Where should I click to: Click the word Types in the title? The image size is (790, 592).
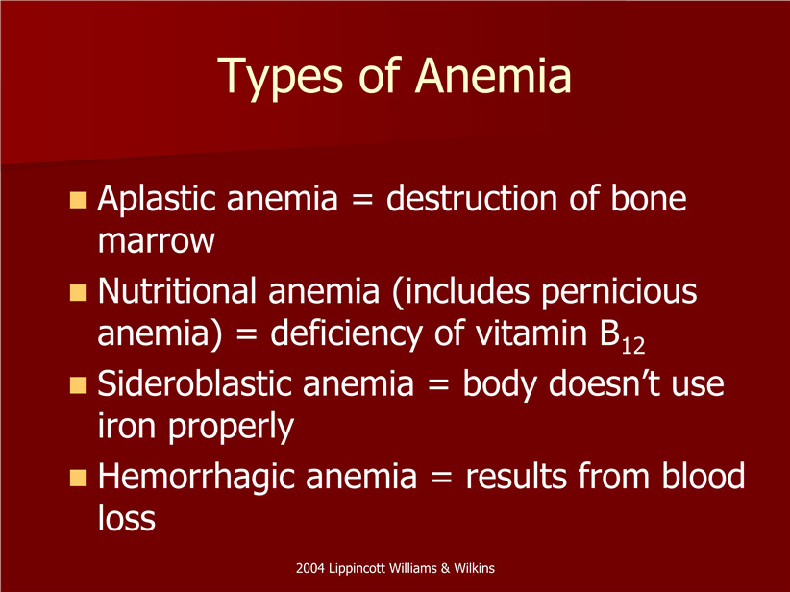tap(281, 77)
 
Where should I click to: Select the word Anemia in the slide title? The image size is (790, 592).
tap(493, 75)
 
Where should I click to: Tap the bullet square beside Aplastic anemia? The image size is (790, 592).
tap(78, 200)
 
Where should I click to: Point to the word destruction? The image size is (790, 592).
tap(472, 198)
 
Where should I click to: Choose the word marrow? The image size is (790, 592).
tap(157, 241)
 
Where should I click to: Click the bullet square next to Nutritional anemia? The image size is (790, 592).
tap(78, 292)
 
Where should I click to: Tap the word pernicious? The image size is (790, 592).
tap(619, 292)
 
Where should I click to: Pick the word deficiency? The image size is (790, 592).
tap(347, 334)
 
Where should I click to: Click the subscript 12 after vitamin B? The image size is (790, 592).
tap(632, 347)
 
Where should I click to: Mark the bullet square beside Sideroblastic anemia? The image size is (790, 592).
tap(78, 385)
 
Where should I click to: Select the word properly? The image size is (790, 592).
tap(231, 428)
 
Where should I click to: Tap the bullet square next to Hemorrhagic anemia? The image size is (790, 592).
tap(78, 478)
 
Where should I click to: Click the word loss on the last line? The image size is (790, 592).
tap(127, 518)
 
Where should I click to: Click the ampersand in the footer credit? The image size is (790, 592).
tap(445, 568)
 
